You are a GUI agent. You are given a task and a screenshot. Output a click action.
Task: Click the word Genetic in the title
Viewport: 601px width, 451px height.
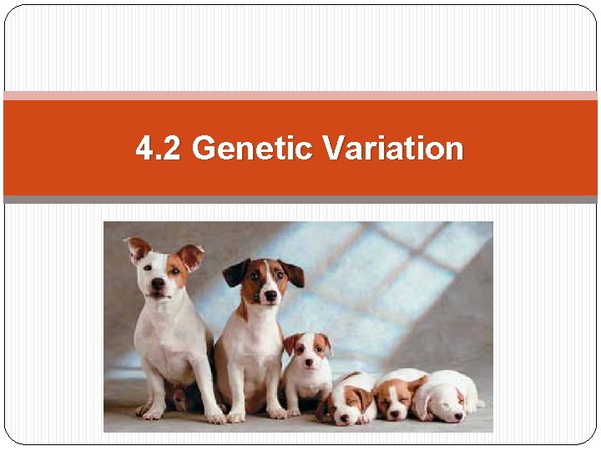(252, 149)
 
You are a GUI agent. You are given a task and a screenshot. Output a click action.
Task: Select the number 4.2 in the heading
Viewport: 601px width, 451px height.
(159, 149)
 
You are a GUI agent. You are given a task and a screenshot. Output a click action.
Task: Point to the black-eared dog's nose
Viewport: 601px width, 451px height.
(270, 295)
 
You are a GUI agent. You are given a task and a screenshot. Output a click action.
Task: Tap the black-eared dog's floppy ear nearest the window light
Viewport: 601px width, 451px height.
(292, 273)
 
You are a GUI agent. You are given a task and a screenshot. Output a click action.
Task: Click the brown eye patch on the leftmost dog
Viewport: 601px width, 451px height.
(176, 269)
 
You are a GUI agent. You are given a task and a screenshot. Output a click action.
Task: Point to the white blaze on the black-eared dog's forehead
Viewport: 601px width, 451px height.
(266, 271)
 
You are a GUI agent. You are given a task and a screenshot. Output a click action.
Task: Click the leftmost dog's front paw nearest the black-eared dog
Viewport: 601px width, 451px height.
(216, 415)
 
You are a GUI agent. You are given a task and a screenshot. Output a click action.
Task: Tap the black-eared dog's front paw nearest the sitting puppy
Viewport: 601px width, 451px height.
(278, 413)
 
